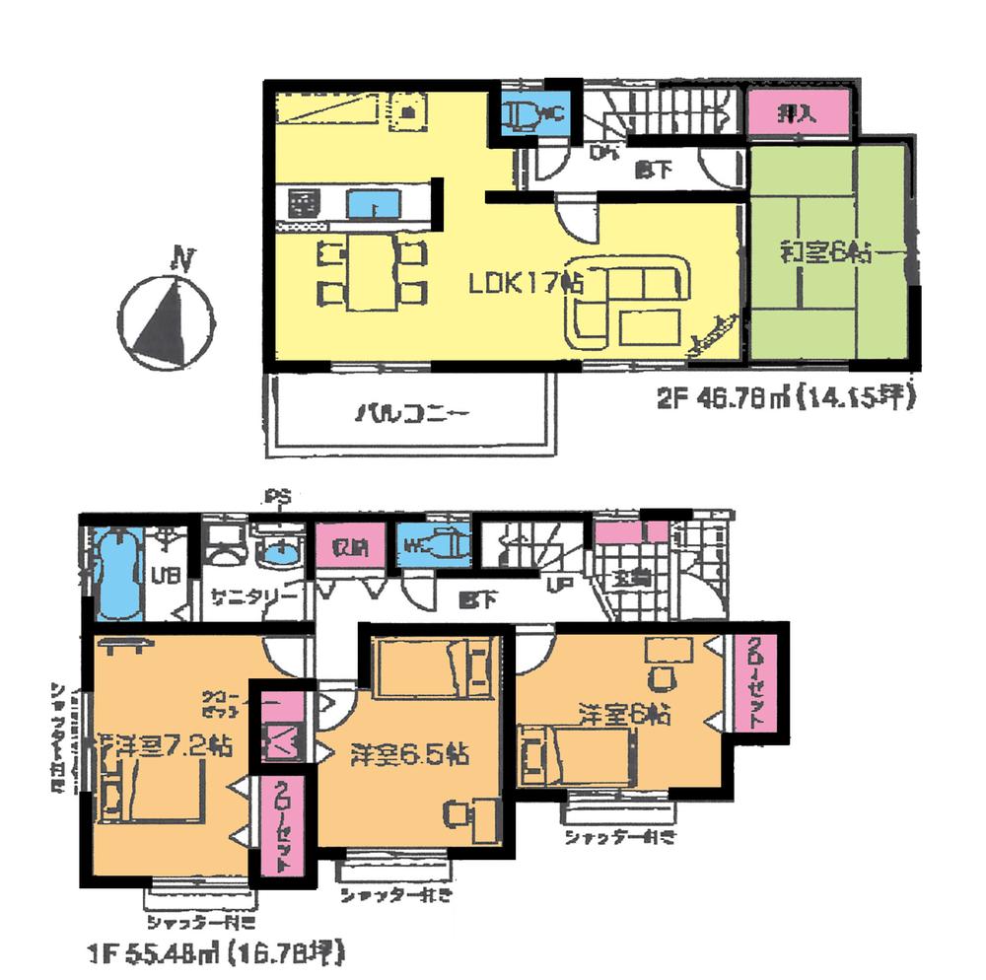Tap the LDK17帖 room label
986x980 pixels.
[527, 283]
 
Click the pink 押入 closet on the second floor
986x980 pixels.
[799, 114]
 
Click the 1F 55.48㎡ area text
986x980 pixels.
[213, 953]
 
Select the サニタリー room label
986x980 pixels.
[253, 595]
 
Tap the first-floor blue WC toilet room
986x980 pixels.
[430, 545]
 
